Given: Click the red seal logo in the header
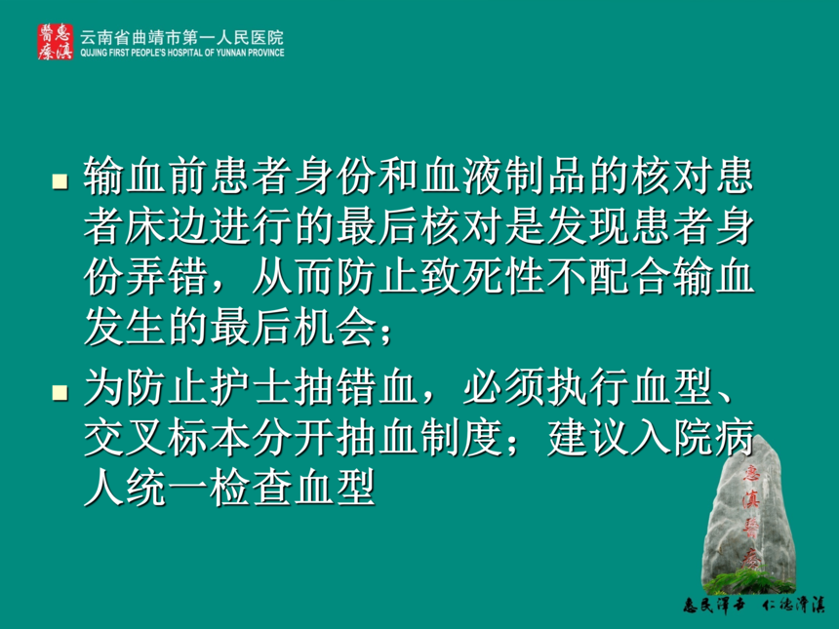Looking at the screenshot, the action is pos(55,42).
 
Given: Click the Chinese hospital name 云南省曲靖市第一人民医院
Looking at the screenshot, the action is pos(181,37).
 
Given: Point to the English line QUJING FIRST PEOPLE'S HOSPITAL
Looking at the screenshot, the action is pos(181,53).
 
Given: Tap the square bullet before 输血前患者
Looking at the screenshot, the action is pos(60,180).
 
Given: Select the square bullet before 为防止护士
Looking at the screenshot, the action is pos(60,393).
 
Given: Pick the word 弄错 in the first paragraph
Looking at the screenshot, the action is pos(168,277).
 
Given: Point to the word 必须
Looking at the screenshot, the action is pos(504,387).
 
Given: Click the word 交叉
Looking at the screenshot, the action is pos(126,438).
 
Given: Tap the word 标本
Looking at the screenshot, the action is pos(210,438).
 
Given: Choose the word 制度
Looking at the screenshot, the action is pos(462,438).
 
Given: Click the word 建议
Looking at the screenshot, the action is pos(588,438).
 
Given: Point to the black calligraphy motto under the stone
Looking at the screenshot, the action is pos(753,605).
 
